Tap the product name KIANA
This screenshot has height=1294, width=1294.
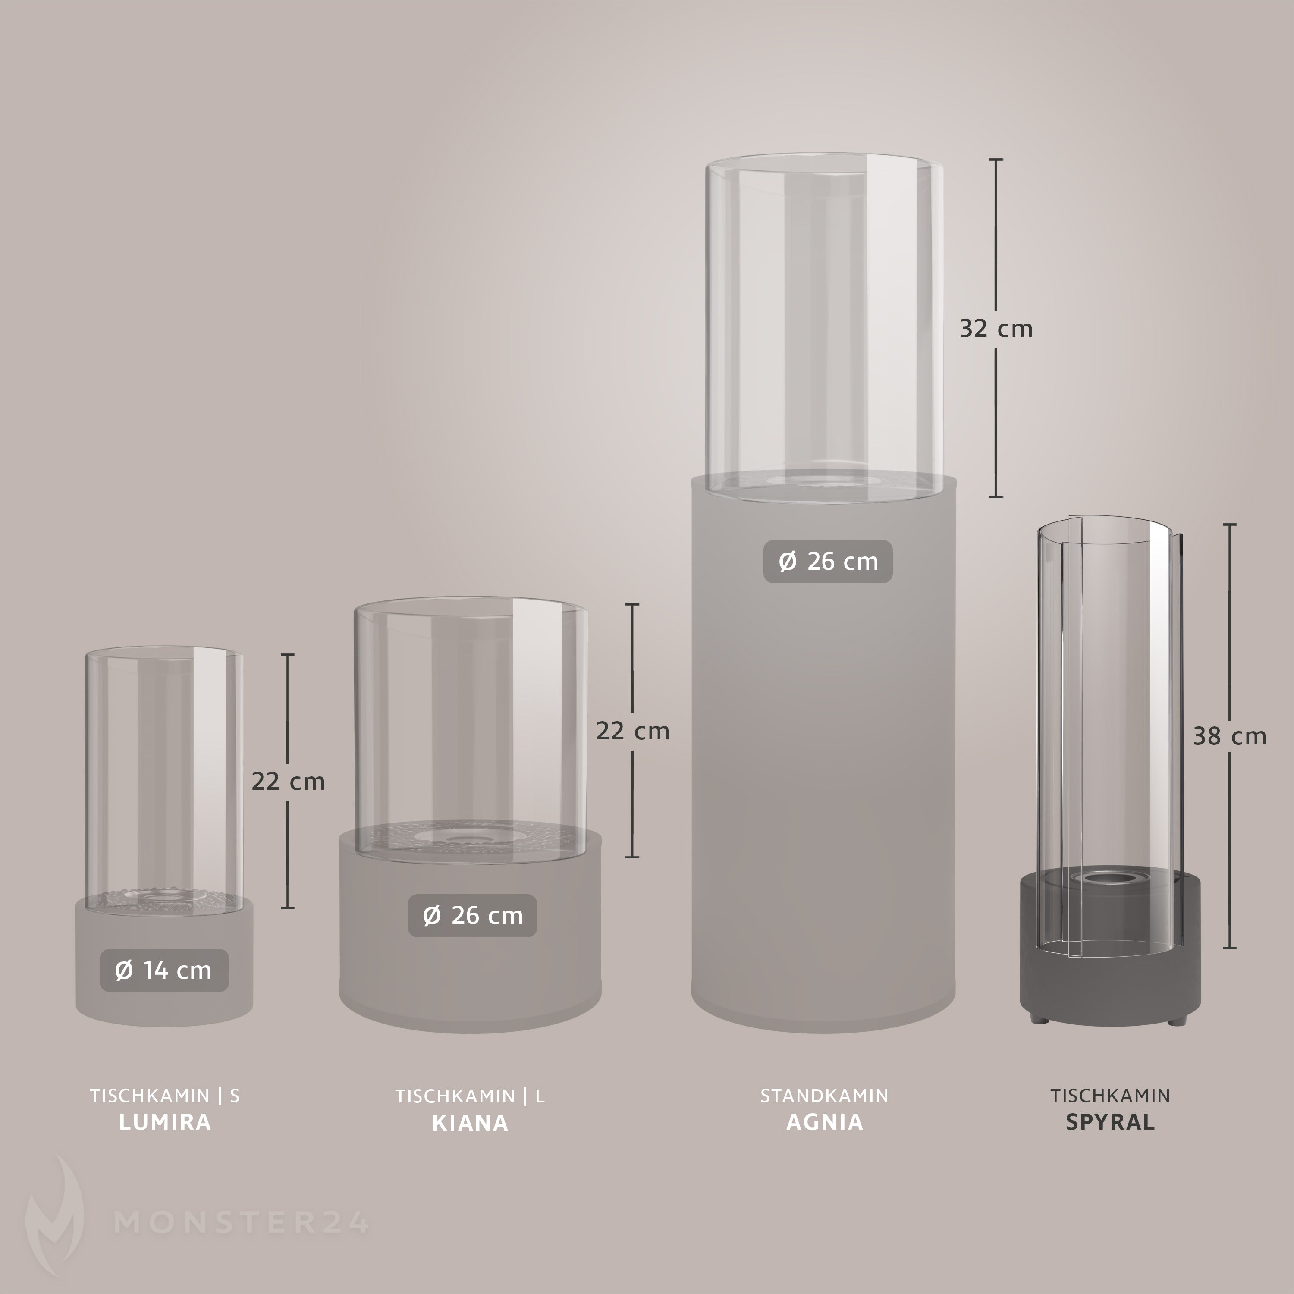click(470, 1122)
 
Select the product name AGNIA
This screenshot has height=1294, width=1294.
click(824, 1122)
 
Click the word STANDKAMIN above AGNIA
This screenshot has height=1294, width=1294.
click(824, 1096)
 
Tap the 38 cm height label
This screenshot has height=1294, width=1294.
click(1230, 737)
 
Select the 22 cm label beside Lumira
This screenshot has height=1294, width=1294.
click(289, 782)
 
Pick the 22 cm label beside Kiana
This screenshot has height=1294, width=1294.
click(633, 731)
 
